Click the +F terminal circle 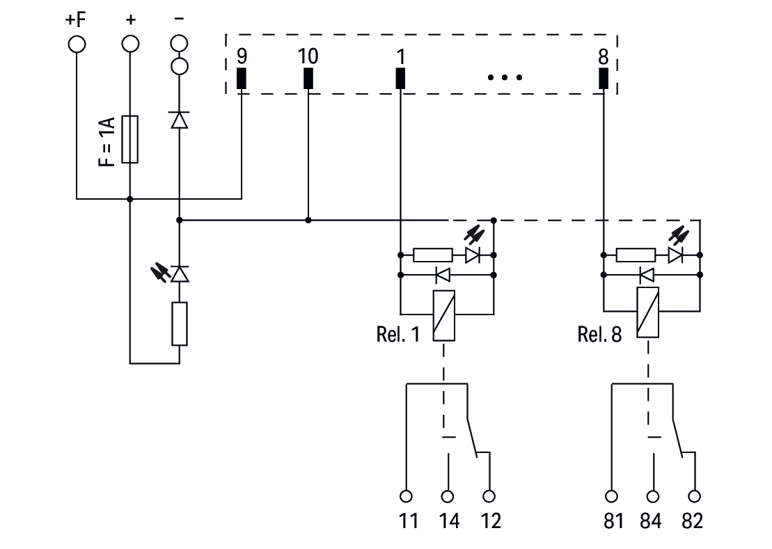[77, 45]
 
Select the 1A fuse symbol [129, 139]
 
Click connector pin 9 [242, 79]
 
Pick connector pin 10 [308, 79]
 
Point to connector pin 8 [604, 79]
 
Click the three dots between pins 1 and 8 [505, 77]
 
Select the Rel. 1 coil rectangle [443, 315]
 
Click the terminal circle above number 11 [407, 496]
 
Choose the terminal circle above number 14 [448, 496]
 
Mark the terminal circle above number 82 [693, 496]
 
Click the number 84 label [652, 521]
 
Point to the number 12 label [490, 521]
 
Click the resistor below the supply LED [180, 324]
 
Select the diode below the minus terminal [180, 120]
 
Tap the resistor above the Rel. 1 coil [433, 255]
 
